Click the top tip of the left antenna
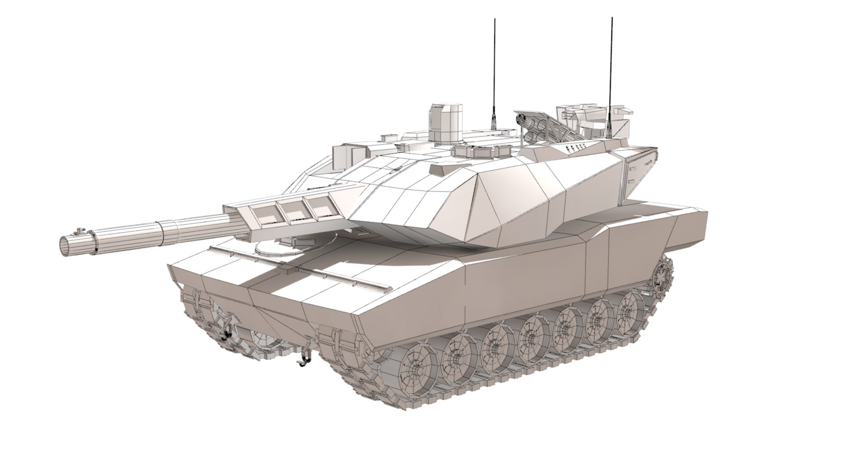pyautogui.click(x=495, y=19)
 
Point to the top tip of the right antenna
pyautogui.click(x=611, y=18)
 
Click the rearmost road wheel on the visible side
pyautogui.click(x=632, y=308)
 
